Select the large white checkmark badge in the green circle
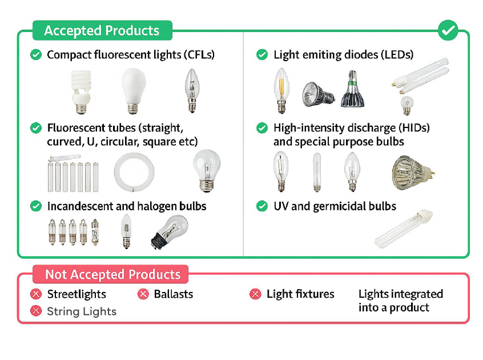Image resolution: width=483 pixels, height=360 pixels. tap(448, 30)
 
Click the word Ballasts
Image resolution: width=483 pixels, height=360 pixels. tap(174, 294)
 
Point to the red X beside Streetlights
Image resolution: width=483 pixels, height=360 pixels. tap(36, 294)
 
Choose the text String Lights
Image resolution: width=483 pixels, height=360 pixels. tap(82, 311)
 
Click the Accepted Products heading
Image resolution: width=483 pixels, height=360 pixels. tap(102, 30)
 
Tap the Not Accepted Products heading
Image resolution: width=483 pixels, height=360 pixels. tap(112, 274)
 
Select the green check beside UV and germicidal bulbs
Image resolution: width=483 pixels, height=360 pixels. tap(262, 206)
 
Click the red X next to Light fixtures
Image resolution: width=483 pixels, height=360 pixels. tap(255, 294)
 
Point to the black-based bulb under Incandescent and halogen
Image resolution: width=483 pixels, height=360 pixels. tap(170, 231)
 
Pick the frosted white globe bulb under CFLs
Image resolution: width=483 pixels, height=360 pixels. tap(134, 91)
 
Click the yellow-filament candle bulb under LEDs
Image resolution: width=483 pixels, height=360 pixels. tap(281, 91)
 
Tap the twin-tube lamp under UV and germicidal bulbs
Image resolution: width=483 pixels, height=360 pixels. tap(404, 229)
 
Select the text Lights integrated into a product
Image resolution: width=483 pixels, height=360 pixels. tap(401, 301)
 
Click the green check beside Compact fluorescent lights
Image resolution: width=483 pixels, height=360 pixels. tap(36, 54)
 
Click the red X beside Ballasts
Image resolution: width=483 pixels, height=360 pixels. tap(143, 294)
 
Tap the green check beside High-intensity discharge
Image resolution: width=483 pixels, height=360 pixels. tap(262, 127)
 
